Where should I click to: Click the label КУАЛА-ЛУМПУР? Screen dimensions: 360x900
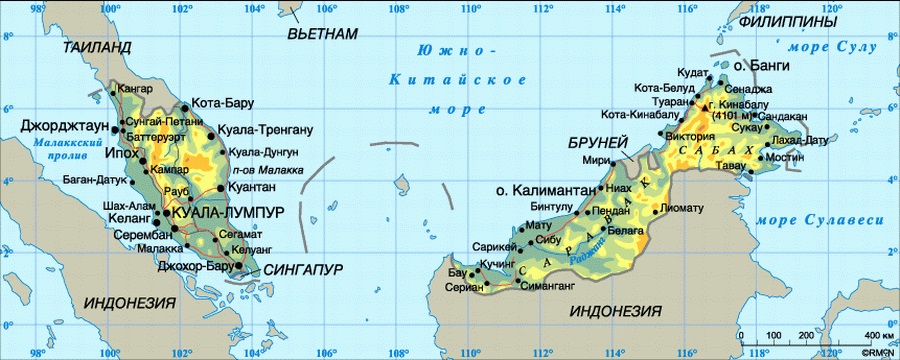point(229,213)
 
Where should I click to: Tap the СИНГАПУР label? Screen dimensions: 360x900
point(304,270)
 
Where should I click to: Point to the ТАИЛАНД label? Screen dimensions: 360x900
point(96,47)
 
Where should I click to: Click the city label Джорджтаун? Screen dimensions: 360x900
point(65,125)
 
